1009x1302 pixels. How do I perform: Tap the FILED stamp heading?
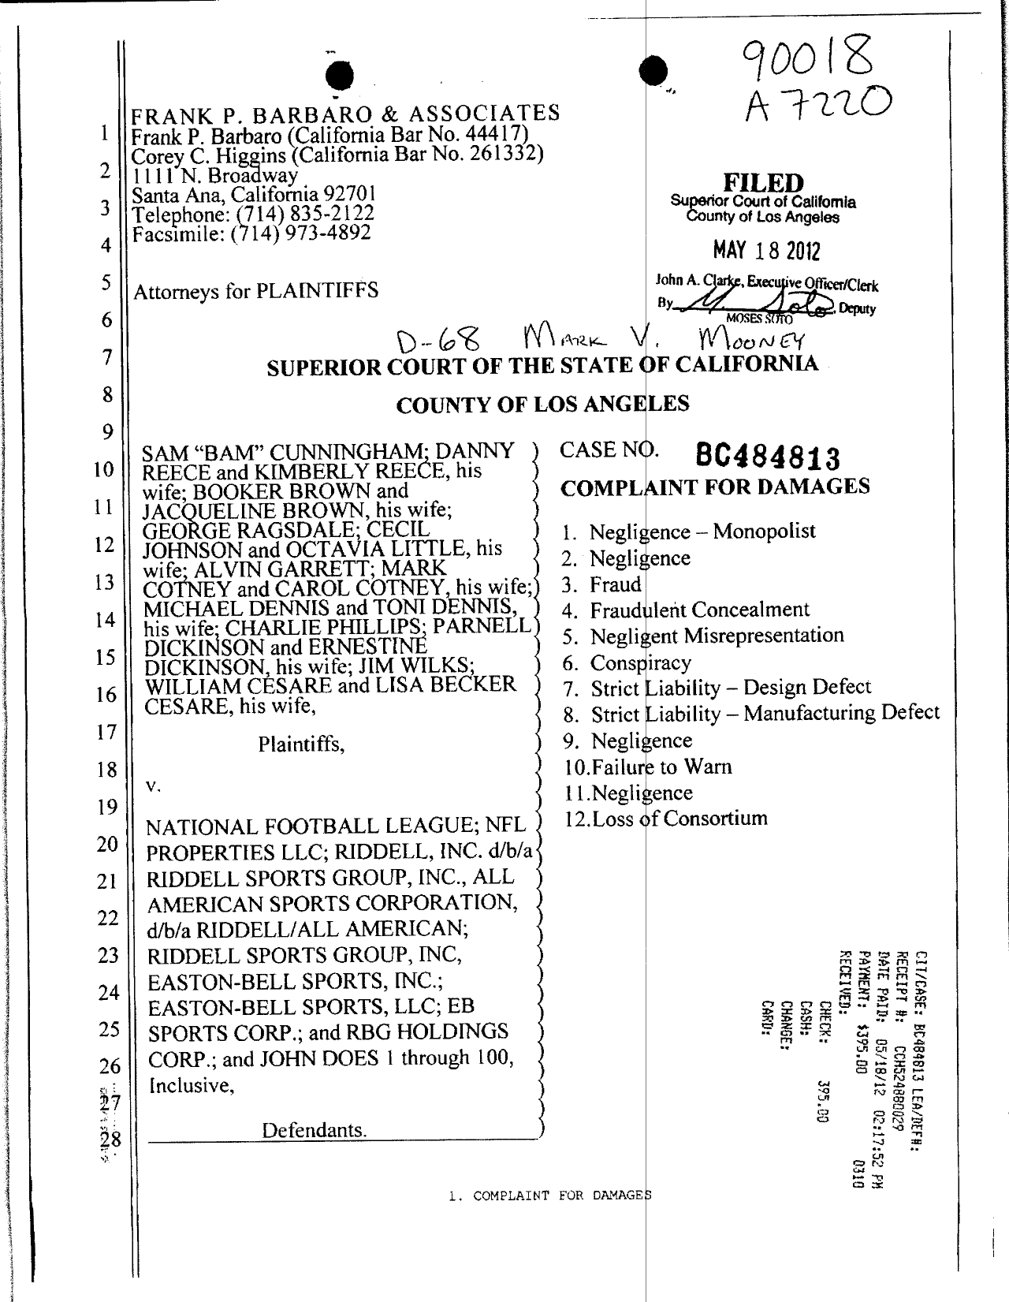pyautogui.click(x=762, y=184)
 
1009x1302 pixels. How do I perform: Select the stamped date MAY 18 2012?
pyautogui.click(x=766, y=252)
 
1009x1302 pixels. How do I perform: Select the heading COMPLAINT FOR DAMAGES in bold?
pyautogui.click(x=715, y=487)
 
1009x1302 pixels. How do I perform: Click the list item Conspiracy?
pyautogui.click(x=640, y=662)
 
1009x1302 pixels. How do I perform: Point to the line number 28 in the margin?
pyautogui.click(x=108, y=1139)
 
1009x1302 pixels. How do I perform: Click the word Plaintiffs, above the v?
pyautogui.click(x=301, y=744)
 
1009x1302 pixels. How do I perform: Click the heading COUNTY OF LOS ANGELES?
pyautogui.click(x=542, y=405)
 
